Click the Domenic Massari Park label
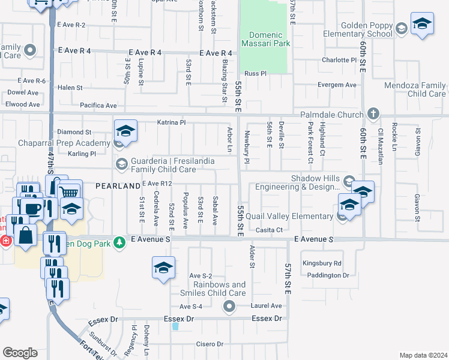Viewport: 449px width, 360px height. click(x=265, y=40)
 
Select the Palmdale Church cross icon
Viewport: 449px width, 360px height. click(x=373, y=114)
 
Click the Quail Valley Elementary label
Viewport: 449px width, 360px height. click(x=294, y=217)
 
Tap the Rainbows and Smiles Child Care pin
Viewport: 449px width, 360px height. click(x=229, y=307)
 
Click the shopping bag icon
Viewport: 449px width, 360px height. click(x=26, y=235)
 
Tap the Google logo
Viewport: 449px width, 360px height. click(x=20, y=353)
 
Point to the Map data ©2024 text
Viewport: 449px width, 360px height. click(x=423, y=355)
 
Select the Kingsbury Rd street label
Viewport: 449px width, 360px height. click(x=322, y=263)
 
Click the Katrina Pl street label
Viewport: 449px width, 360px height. click(x=172, y=122)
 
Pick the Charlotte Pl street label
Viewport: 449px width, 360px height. click(x=338, y=60)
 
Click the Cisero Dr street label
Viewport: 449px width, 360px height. click(x=209, y=344)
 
